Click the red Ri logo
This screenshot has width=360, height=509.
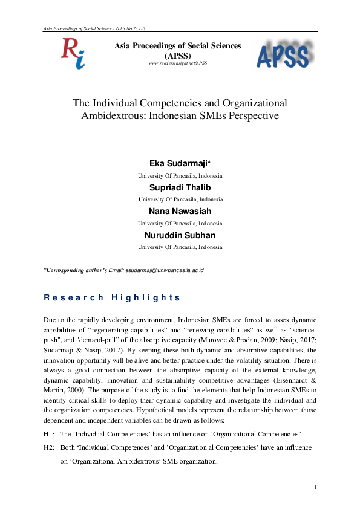pyautogui.click(x=72, y=53)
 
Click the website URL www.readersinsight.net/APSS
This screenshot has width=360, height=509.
pyautogui.click(x=178, y=63)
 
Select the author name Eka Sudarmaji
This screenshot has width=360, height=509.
pyautogui.click(x=179, y=164)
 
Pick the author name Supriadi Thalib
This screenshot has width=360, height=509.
pyautogui.click(x=180, y=187)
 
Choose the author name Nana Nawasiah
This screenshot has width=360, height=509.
pyautogui.click(x=180, y=211)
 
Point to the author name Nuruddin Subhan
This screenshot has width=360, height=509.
pyautogui.click(x=180, y=235)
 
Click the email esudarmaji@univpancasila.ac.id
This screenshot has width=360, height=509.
pyautogui.click(x=164, y=270)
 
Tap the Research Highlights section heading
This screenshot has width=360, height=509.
pyautogui.click(x=112, y=297)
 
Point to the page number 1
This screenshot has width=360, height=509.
pyautogui.click(x=315, y=487)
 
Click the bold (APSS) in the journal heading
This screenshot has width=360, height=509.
pyautogui.click(x=178, y=54)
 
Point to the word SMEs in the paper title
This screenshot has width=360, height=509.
pyautogui.click(x=226, y=115)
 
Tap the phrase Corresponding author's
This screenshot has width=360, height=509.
pyautogui.click(x=76, y=270)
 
